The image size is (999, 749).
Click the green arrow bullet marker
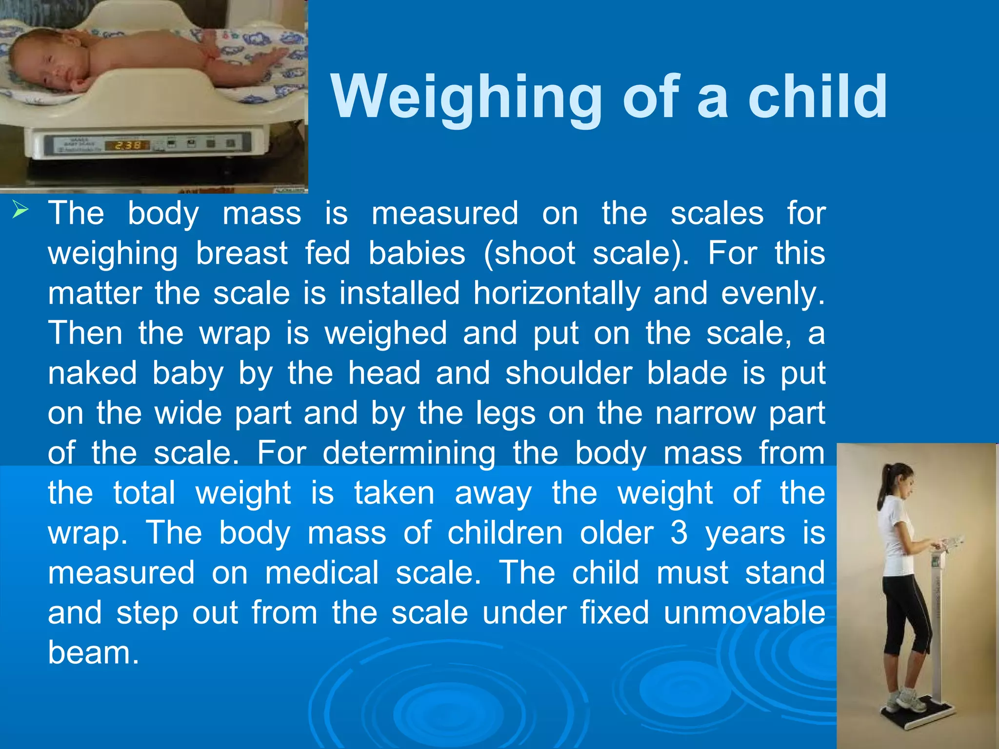(20, 210)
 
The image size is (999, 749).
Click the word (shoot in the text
(530, 254)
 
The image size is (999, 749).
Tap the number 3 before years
(679, 532)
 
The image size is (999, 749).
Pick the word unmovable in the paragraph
(744, 612)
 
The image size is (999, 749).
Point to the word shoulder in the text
(569, 374)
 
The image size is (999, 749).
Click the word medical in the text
(322, 572)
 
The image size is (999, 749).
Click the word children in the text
(505, 532)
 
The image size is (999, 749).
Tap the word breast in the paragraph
(241, 254)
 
